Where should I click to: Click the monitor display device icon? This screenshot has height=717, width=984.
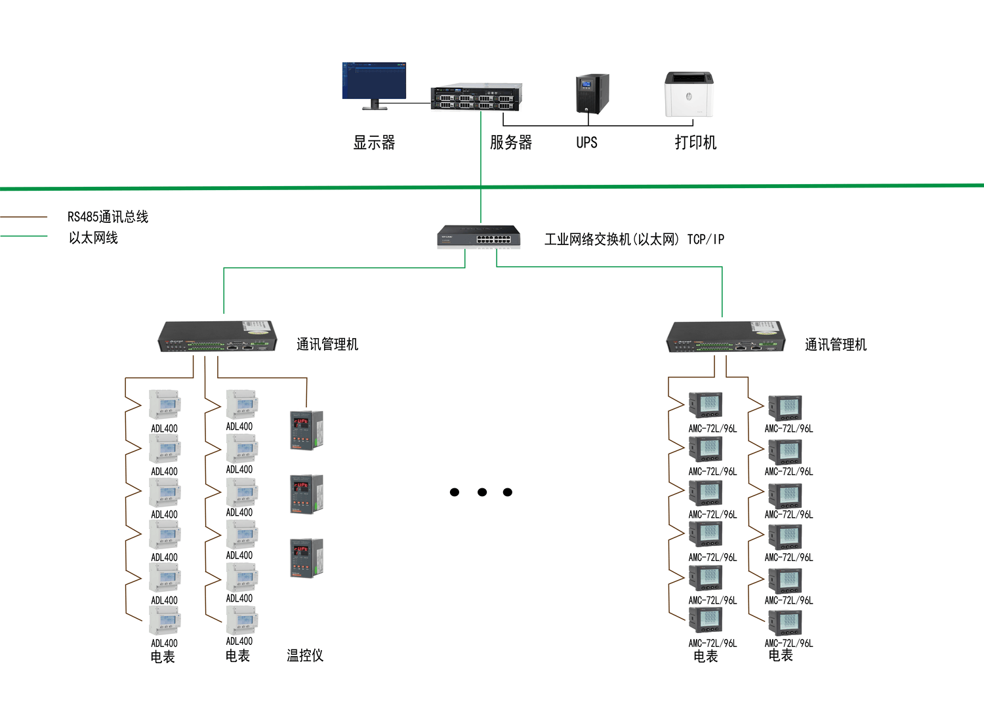(374, 83)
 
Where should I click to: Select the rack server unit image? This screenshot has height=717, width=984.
(476, 97)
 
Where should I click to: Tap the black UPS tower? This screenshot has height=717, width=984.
(592, 94)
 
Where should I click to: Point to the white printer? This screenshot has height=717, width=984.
(688, 94)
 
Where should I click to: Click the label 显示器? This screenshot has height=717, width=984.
(374, 142)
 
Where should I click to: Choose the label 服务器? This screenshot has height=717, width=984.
(510, 142)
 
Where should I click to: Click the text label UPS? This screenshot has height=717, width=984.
(586, 142)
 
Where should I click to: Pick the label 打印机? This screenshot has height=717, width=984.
(695, 142)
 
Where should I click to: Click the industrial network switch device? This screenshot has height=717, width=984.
(479, 237)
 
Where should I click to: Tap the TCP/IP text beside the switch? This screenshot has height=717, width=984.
(706, 239)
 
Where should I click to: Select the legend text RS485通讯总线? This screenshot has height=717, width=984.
(108, 217)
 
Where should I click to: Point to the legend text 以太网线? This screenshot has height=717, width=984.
(93, 238)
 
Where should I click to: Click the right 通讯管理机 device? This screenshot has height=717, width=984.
(726, 338)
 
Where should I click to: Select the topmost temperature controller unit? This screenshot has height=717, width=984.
(306, 430)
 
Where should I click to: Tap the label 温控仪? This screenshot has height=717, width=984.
(305, 655)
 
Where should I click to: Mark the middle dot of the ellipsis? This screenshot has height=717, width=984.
(482, 492)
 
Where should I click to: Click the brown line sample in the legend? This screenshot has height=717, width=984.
(24, 216)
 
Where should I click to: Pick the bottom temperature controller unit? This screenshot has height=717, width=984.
(306, 558)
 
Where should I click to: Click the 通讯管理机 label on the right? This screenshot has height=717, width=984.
(835, 345)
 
